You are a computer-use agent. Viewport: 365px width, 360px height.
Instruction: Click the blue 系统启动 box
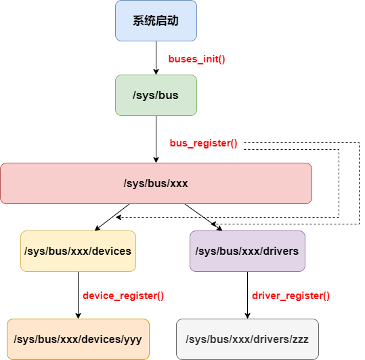pos(156,20)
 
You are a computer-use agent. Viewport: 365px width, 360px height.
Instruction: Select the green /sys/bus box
pos(156,95)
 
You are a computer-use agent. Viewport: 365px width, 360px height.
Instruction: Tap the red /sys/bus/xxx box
pos(156,183)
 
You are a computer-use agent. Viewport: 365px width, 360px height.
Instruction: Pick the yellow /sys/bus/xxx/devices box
pos(78,251)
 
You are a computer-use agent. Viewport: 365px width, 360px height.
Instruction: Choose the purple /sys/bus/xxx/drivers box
pos(247,251)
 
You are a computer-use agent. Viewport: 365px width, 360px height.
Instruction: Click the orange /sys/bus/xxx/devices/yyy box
pos(78,339)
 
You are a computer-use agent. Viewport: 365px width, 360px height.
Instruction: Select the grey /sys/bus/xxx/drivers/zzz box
pos(247,339)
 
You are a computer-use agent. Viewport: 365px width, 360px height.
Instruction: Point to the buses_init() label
pos(196,59)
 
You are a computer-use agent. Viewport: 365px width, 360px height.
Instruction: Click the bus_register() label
pos(203,144)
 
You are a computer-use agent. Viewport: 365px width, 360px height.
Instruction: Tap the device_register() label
pos(123,296)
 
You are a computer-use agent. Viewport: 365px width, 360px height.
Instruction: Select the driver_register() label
pos(291,296)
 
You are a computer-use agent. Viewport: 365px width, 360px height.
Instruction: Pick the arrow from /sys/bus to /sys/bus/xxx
pos(156,139)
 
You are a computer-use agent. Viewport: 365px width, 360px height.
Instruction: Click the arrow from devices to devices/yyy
pos(78,295)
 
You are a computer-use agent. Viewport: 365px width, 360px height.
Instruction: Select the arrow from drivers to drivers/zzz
pos(247,295)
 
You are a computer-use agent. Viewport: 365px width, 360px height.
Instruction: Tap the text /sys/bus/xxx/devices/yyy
pos(78,339)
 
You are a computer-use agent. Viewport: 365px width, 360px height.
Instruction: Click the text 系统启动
pos(156,21)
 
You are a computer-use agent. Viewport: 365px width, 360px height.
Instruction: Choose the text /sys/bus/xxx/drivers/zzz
pos(247,339)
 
